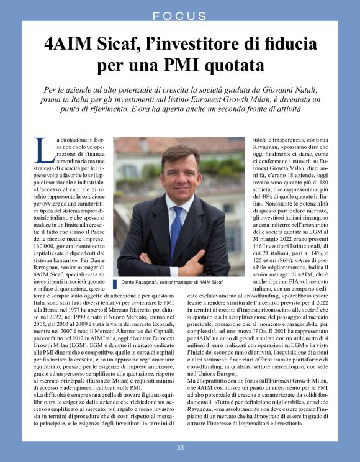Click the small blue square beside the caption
[x=115, y=284]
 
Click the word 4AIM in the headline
[x=70, y=45]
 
